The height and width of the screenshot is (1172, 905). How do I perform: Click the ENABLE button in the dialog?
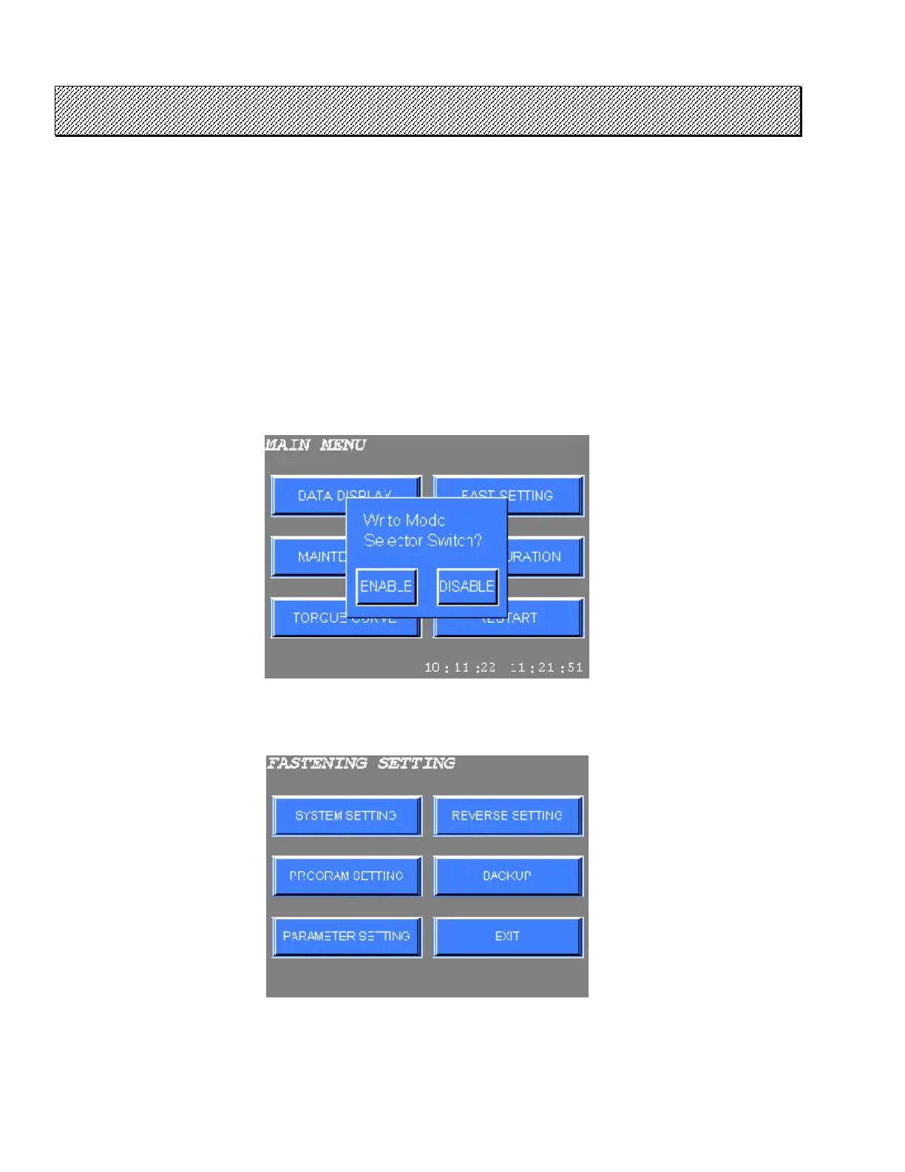pyautogui.click(x=386, y=587)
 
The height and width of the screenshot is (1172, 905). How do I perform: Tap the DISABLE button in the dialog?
pyautogui.click(x=467, y=587)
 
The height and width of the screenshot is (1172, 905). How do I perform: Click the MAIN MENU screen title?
pyautogui.click(x=316, y=445)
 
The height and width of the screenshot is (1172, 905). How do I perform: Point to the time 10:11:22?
pyautogui.click(x=459, y=667)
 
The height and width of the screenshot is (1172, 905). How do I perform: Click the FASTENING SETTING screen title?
pyautogui.click(x=361, y=763)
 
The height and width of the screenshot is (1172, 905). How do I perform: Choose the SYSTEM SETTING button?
pyautogui.click(x=346, y=815)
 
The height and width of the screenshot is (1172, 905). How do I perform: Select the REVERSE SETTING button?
pyautogui.click(x=507, y=815)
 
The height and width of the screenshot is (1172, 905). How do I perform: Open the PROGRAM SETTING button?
pyautogui.click(x=346, y=876)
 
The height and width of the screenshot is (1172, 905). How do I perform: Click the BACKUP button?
pyautogui.click(x=507, y=876)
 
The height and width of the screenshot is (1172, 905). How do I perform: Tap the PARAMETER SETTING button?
pyautogui.click(x=346, y=937)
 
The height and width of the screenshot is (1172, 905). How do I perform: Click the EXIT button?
pyautogui.click(x=507, y=937)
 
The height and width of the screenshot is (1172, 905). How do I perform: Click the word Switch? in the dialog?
pyautogui.click(x=453, y=541)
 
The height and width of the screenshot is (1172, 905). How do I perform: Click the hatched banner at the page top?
pyautogui.click(x=428, y=111)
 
